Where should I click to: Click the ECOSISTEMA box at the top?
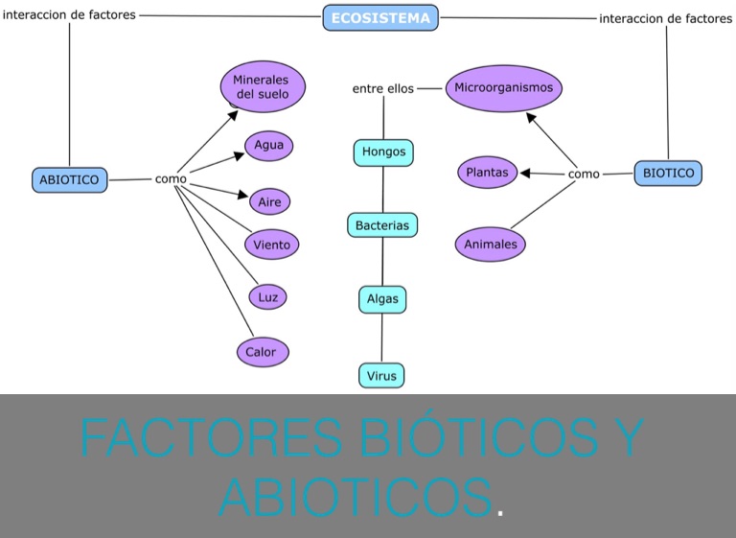click(x=380, y=17)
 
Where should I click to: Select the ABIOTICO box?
click(x=69, y=179)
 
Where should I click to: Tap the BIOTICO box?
click(x=668, y=173)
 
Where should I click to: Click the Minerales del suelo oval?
click(x=263, y=87)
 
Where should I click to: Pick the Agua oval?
click(x=269, y=146)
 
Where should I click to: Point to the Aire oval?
click(x=269, y=202)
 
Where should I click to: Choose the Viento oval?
click(x=272, y=245)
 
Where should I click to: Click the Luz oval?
click(x=268, y=297)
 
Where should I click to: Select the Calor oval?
click(x=262, y=352)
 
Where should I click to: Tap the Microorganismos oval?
click(x=504, y=87)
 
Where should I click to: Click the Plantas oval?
click(x=487, y=173)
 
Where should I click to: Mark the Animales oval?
click(x=491, y=244)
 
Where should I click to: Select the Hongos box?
click(x=383, y=152)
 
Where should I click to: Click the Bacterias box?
click(x=382, y=225)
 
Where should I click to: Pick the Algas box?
click(x=382, y=298)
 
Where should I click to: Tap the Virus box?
click(x=381, y=376)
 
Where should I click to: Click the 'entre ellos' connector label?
click(x=382, y=88)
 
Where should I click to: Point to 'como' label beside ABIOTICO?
click(x=171, y=178)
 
